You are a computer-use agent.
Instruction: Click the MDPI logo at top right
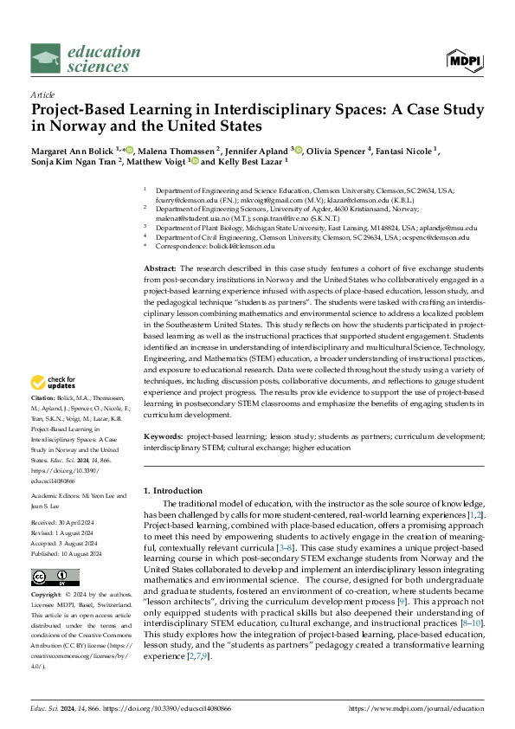click(x=465, y=60)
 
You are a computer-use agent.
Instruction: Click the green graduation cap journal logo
click(x=46, y=58)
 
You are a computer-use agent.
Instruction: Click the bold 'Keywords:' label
click(x=163, y=439)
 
